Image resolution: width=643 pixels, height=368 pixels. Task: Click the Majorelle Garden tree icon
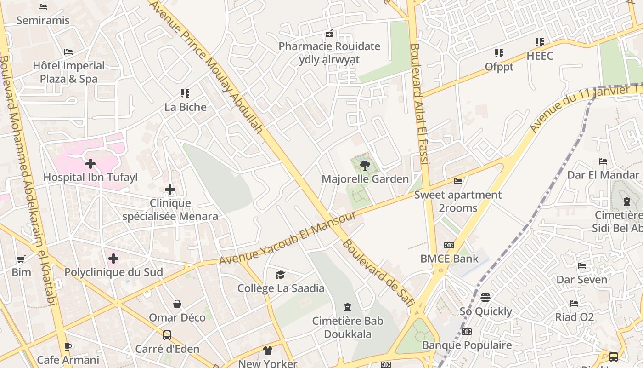coord(365,166)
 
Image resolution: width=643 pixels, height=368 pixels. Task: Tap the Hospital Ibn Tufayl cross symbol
coord(90,164)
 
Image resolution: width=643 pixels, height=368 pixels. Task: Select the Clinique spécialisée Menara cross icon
coord(170,190)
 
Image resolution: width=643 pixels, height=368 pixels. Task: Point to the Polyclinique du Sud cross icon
coord(113,259)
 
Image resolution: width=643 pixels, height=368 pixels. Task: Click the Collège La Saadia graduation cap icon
coord(280,275)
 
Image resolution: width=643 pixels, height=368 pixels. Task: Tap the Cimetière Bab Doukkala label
coord(348,328)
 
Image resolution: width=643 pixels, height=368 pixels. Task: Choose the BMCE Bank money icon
coord(449,245)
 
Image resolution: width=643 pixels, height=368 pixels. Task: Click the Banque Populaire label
coord(467,345)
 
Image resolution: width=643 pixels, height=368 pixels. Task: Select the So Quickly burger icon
coord(485,298)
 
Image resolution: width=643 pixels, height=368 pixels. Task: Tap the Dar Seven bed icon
coord(582,266)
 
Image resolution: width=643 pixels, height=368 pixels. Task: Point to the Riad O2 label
coord(574,317)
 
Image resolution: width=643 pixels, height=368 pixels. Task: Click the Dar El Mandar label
coord(603,175)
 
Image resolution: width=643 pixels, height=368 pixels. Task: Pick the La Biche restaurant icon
coord(185,93)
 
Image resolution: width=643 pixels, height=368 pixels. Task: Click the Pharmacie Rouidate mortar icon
coord(329,33)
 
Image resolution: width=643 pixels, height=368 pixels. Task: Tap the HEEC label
coord(540,56)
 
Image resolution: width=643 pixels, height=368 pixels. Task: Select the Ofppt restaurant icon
coord(499,53)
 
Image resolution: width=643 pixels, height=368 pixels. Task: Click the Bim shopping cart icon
coord(21,259)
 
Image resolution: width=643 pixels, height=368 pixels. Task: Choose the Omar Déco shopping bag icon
coord(177,304)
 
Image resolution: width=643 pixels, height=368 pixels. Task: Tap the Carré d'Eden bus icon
coord(167,335)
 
